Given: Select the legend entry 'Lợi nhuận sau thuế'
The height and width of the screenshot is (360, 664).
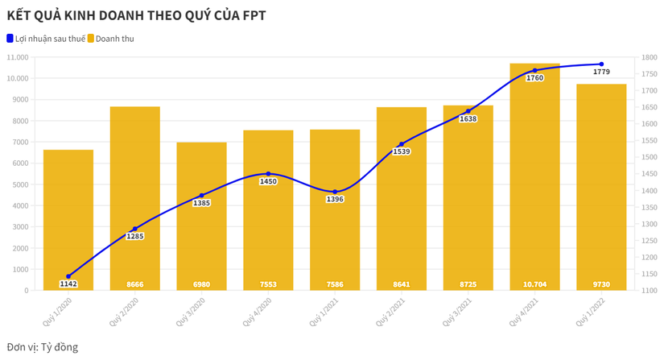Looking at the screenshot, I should (46, 39).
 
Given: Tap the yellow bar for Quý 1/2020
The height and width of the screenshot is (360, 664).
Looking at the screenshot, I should (68, 217).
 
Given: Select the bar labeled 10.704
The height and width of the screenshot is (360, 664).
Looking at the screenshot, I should (535, 177).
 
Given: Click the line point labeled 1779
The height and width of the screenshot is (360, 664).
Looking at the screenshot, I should (601, 64).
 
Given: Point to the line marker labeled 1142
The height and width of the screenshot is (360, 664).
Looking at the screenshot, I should (68, 276).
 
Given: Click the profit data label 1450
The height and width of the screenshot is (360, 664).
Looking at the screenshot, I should (268, 182).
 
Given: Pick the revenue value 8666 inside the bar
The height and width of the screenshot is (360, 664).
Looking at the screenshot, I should (135, 283).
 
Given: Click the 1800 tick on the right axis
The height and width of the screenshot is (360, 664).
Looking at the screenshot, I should (647, 57).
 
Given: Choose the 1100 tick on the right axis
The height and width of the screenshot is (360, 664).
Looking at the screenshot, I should (647, 290).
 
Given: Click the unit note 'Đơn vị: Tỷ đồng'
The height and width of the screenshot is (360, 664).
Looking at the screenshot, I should (43, 347).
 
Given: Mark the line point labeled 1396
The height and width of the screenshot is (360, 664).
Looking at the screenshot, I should (335, 192).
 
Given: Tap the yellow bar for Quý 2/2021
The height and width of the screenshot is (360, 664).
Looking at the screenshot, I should (402, 201).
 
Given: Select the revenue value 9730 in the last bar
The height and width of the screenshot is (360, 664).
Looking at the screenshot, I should (601, 283).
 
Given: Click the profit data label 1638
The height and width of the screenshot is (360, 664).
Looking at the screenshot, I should (468, 119).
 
